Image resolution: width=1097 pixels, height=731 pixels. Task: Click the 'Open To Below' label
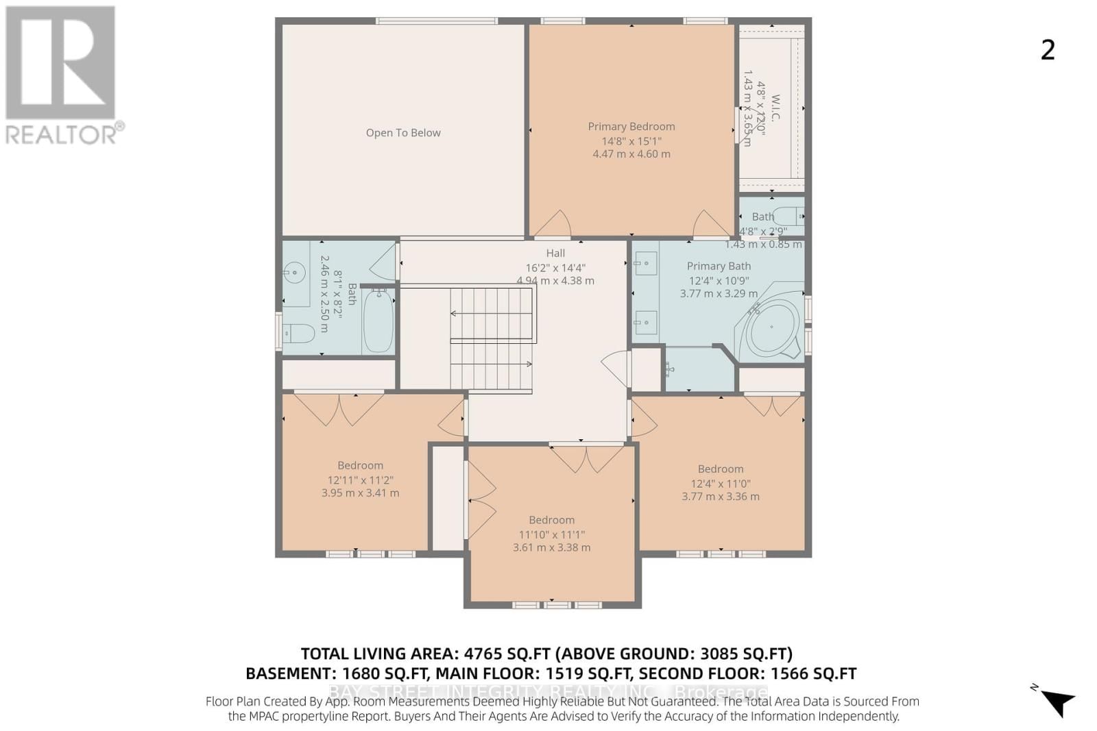403,133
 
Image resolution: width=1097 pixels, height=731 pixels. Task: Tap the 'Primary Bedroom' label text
631,127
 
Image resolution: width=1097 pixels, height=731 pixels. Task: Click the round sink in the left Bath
294,273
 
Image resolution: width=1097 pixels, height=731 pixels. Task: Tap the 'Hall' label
555,253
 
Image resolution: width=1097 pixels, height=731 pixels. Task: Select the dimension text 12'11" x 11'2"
360,480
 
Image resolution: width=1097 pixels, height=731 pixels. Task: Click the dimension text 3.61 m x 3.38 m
551,547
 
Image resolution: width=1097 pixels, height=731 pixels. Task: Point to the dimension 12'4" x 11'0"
720,483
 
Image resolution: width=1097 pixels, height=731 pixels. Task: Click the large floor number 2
1047,50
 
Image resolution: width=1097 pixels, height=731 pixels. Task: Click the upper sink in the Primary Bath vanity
645,262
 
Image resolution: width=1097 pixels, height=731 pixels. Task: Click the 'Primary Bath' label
719,266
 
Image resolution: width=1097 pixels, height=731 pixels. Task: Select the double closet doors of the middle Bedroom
586,459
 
